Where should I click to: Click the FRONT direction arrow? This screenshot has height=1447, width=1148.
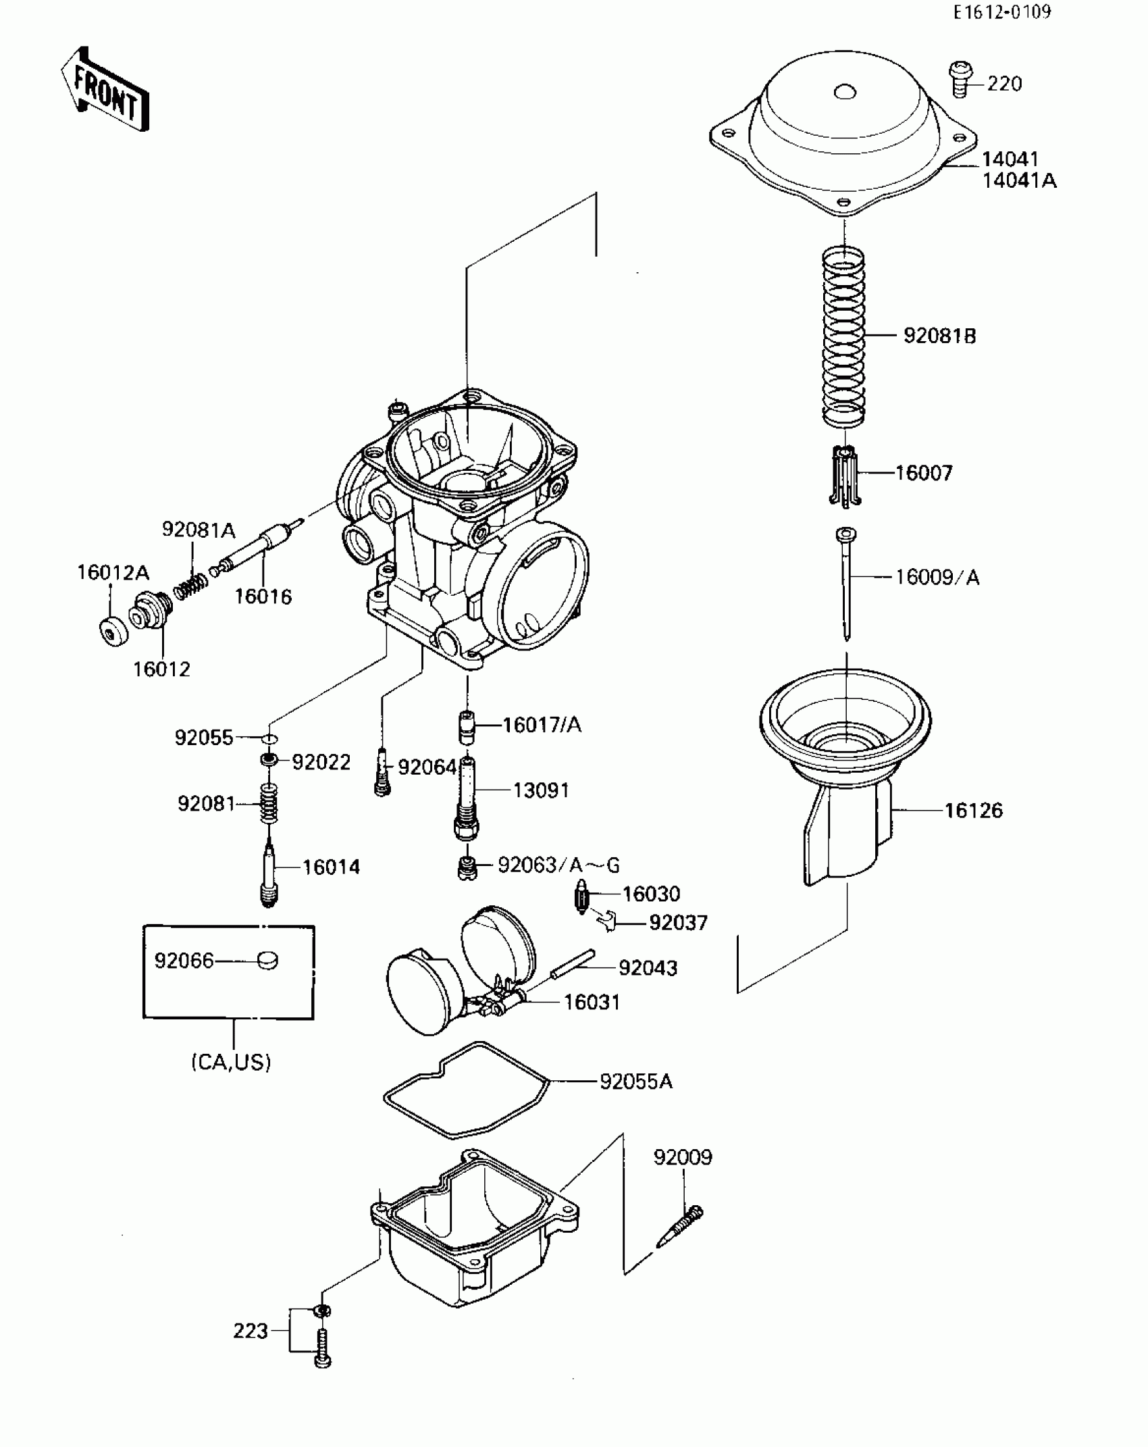(x=106, y=90)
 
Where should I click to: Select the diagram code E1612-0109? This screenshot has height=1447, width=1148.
(x=1002, y=13)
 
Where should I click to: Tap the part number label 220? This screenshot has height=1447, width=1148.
(x=1004, y=84)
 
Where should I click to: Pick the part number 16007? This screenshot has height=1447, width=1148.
(x=924, y=473)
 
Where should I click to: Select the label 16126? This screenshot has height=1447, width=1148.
(x=973, y=810)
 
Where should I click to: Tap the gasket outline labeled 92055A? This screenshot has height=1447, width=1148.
(x=466, y=1088)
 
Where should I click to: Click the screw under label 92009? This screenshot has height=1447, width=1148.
(x=681, y=1225)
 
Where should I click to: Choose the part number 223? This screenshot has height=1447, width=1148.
(x=251, y=1331)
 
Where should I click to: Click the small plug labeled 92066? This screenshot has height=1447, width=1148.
(x=267, y=960)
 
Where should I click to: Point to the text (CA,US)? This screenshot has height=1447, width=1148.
(x=231, y=1063)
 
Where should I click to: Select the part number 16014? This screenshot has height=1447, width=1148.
(x=331, y=867)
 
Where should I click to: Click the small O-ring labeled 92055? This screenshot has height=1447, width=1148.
(x=269, y=738)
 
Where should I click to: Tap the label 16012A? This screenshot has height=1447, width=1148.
(x=113, y=573)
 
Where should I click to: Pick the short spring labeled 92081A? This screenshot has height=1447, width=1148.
(x=190, y=585)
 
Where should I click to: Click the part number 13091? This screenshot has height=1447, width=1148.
(x=541, y=790)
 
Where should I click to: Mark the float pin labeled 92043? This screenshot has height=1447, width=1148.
(x=572, y=965)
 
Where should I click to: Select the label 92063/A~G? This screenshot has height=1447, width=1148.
(x=558, y=865)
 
